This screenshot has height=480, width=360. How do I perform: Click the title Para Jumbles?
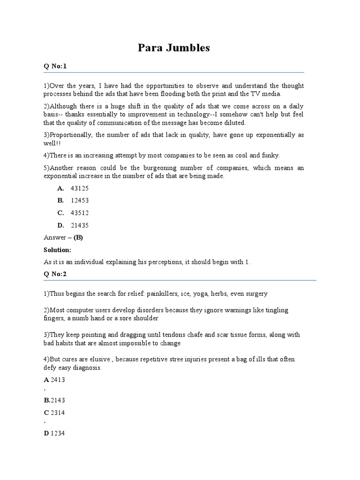[173, 48]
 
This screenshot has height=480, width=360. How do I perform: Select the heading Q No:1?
[55, 66]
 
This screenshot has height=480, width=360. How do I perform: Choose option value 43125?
[79, 188]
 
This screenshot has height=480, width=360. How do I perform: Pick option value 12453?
[79, 200]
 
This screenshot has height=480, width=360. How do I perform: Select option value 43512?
[79, 213]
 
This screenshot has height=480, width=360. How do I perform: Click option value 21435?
[79, 225]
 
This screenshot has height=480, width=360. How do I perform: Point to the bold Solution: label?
[57, 250]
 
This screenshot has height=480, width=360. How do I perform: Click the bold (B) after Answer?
[78, 238]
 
